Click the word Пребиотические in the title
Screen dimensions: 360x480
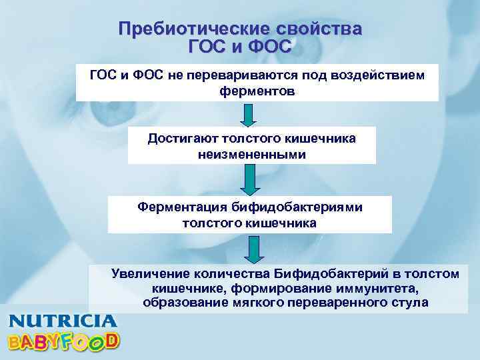(x=182, y=29)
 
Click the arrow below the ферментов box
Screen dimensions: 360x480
(x=248, y=115)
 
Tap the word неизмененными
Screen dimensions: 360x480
(x=252, y=154)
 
